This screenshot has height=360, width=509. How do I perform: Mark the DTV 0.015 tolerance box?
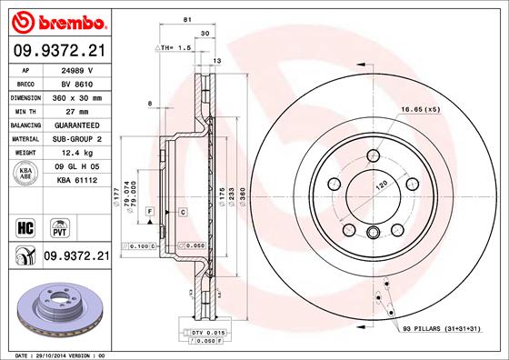[208, 332]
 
